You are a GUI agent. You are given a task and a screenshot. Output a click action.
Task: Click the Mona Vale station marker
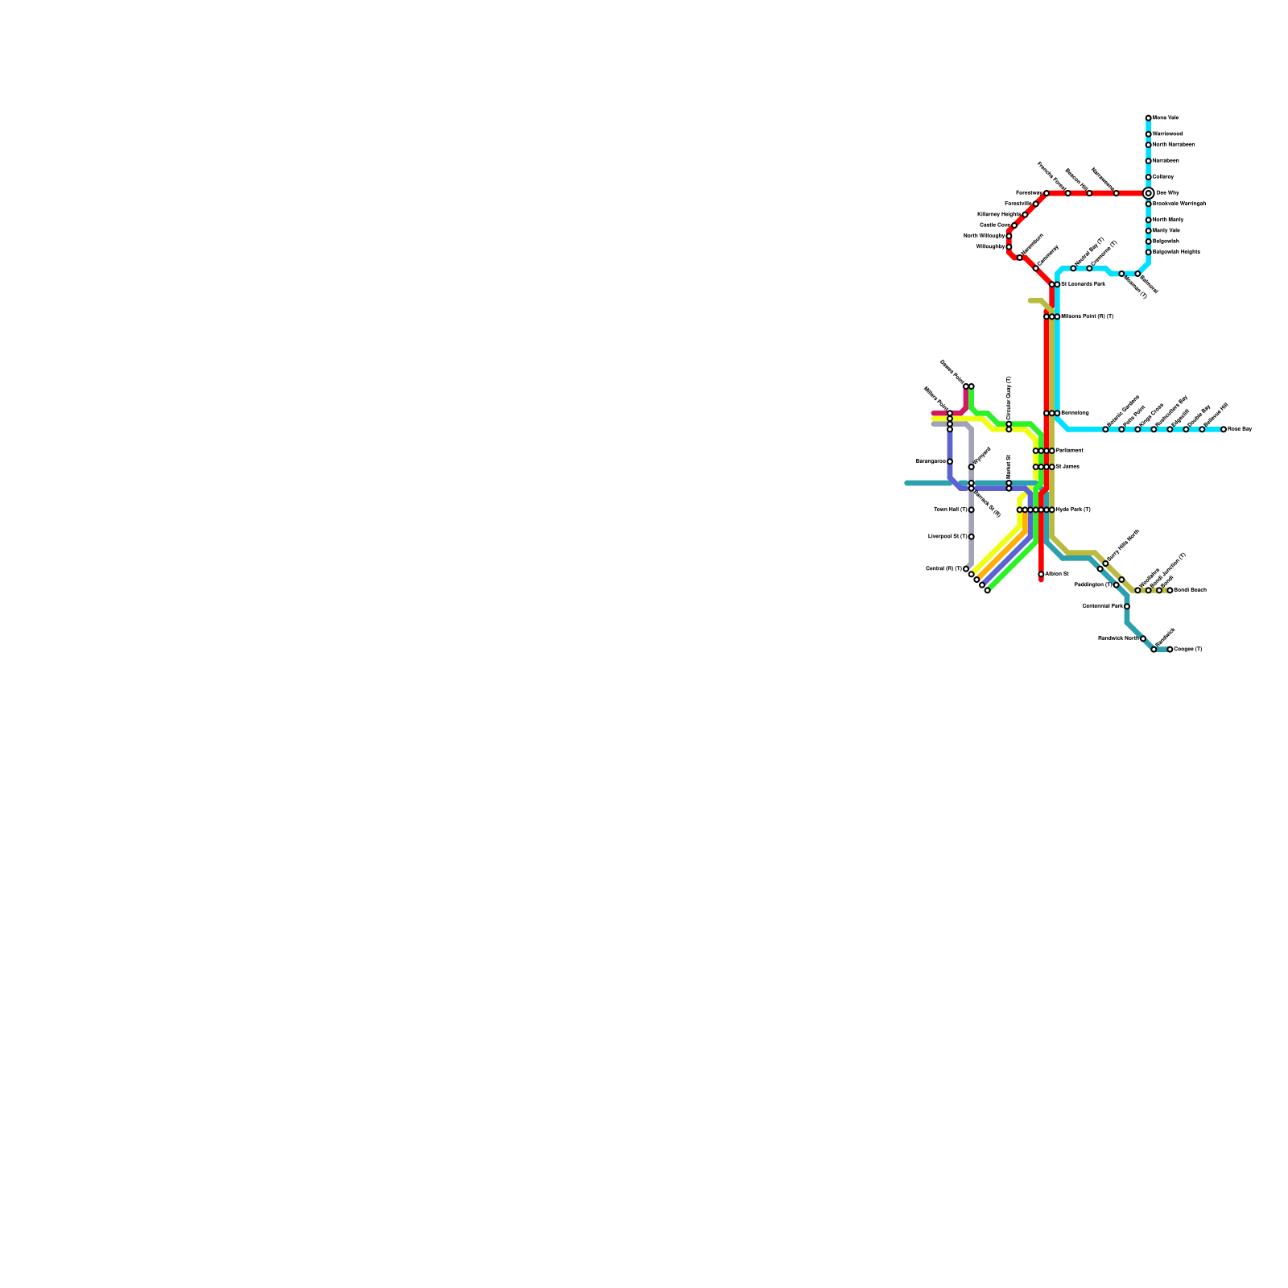pos(1148,118)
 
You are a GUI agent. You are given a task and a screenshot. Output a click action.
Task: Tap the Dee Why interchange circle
pos(1148,193)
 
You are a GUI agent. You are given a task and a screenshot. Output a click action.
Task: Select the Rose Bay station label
pos(1240,429)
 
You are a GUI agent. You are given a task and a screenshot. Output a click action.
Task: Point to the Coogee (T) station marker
pos(1170,649)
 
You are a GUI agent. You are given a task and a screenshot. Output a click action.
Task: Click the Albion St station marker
pos(1041,574)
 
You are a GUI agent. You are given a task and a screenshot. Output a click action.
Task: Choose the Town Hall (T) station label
pos(951,510)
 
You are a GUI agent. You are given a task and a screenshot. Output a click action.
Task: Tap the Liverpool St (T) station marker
pos(972,536)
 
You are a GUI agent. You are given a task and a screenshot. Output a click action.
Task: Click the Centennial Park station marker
pos(1127,606)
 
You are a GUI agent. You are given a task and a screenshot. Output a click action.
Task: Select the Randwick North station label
pos(1118,638)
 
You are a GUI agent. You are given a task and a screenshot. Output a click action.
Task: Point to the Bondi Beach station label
pos(1190,590)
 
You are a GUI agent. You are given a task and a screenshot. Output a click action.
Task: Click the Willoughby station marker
pos(1009,246)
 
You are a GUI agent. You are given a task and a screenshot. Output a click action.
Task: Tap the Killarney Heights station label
pos(999,214)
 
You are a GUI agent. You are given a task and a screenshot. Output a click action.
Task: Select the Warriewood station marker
pos(1148,134)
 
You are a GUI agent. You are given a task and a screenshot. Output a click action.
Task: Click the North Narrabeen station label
pos(1174,145)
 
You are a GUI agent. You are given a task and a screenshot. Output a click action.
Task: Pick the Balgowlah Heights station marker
pos(1148,252)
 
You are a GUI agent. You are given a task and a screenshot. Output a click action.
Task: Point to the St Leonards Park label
pos(1083,284)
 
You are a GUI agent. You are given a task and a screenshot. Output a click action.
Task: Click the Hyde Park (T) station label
pos(1073,510)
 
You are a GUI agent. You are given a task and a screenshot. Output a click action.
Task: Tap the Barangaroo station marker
pos(950,461)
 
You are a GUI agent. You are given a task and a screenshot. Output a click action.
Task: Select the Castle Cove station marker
pos(1014,225)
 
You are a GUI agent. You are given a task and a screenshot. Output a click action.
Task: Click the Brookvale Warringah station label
pos(1179,204)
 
